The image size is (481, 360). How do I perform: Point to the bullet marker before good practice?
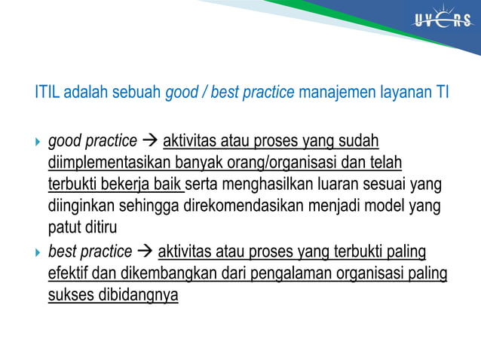[38, 141]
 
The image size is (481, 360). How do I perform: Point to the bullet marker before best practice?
[38, 252]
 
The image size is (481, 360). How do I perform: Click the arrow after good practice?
[150, 141]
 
